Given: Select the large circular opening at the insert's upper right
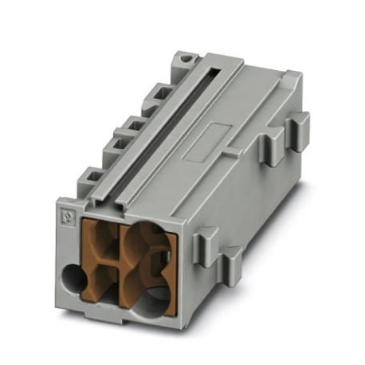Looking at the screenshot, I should (148, 244).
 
